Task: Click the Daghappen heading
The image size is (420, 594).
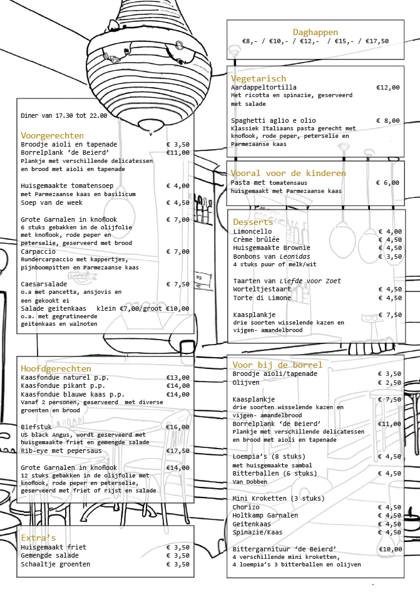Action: (315, 32)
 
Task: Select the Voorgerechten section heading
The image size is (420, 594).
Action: (52, 135)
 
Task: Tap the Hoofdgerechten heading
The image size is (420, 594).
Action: (56, 368)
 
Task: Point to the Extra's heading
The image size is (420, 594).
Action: (38, 538)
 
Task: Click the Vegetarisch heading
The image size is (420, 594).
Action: (258, 78)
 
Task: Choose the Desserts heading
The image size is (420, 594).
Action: (253, 222)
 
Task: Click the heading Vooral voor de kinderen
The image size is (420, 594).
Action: (288, 173)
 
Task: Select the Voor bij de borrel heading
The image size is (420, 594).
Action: (277, 365)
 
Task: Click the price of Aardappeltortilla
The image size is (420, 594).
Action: (388, 88)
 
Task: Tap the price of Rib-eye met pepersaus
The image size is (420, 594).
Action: (178, 451)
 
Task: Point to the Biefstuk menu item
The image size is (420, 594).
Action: (36, 427)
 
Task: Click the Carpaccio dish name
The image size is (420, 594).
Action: (38, 252)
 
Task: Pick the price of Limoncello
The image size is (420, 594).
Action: (390, 232)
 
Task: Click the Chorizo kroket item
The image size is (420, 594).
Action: (246, 508)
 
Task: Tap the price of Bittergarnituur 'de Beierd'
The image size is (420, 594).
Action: (390, 549)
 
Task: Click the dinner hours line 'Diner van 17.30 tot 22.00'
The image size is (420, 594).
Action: (64, 115)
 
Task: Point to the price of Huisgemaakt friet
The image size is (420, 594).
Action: (178, 548)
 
